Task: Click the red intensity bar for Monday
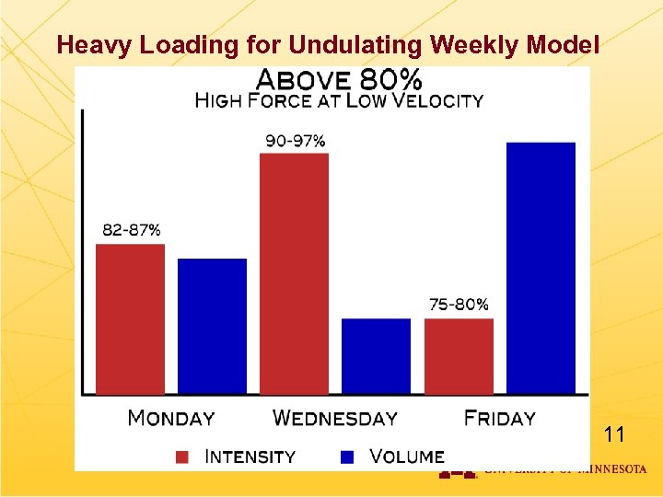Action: pos(130,318)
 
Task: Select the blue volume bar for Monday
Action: pos(212,326)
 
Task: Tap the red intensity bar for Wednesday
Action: pos(294,273)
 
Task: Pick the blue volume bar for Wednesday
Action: pos(376,355)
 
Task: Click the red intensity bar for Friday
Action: pos(459,355)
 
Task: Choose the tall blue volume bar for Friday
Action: pos(541,268)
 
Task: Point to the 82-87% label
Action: pos(132,229)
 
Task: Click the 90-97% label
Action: pos(296,141)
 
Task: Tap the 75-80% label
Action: pos(459,304)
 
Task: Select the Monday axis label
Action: pos(171,419)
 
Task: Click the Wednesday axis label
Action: pos(335,419)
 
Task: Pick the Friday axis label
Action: pos(500,419)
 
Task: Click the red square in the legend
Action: pos(182,457)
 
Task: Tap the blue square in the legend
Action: pos(348,457)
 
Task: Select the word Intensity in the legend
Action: pos(250,457)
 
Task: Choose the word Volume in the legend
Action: pos(407,457)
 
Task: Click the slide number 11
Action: pos(613,434)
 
